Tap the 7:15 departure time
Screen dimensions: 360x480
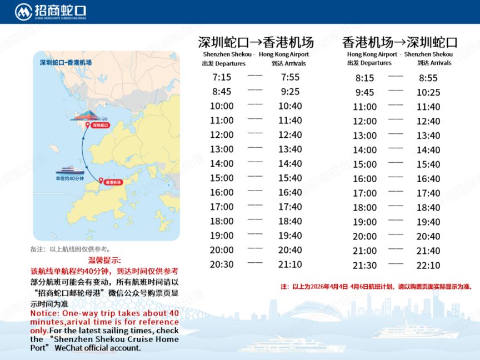pyautogui.click(x=222, y=77)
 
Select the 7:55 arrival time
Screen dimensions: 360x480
pyautogui.click(x=290, y=77)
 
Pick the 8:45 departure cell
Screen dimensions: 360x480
pyautogui.click(x=222, y=92)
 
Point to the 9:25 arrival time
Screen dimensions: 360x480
pyautogui.click(x=290, y=92)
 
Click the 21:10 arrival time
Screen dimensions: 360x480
pyautogui.click(x=290, y=264)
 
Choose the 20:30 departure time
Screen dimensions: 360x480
pyautogui.click(x=222, y=264)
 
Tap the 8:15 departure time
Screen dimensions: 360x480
pyautogui.click(x=365, y=78)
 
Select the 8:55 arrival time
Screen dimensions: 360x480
pyautogui.click(x=428, y=78)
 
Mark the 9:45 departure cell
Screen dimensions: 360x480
pyautogui.click(x=365, y=93)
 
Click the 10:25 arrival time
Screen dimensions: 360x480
pyautogui.click(x=428, y=93)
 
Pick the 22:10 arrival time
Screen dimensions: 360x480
pyautogui.click(x=428, y=266)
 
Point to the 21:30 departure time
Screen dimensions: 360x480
pyautogui.click(x=365, y=266)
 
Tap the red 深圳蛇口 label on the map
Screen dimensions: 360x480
pyautogui.click(x=101, y=126)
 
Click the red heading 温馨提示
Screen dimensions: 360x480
pyautogui.click(x=104, y=260)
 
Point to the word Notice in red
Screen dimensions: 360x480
pyautogui.click(x=44, y=313)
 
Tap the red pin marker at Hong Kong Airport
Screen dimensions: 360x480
pyautogui.click(x=101, y=181)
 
